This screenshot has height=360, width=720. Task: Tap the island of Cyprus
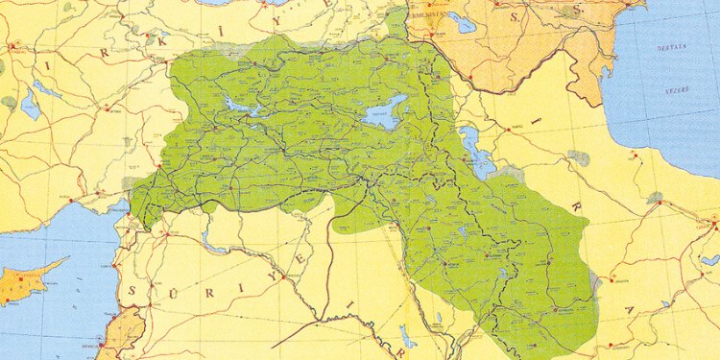pos(29,277)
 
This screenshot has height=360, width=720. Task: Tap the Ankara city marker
pos(12,45)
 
